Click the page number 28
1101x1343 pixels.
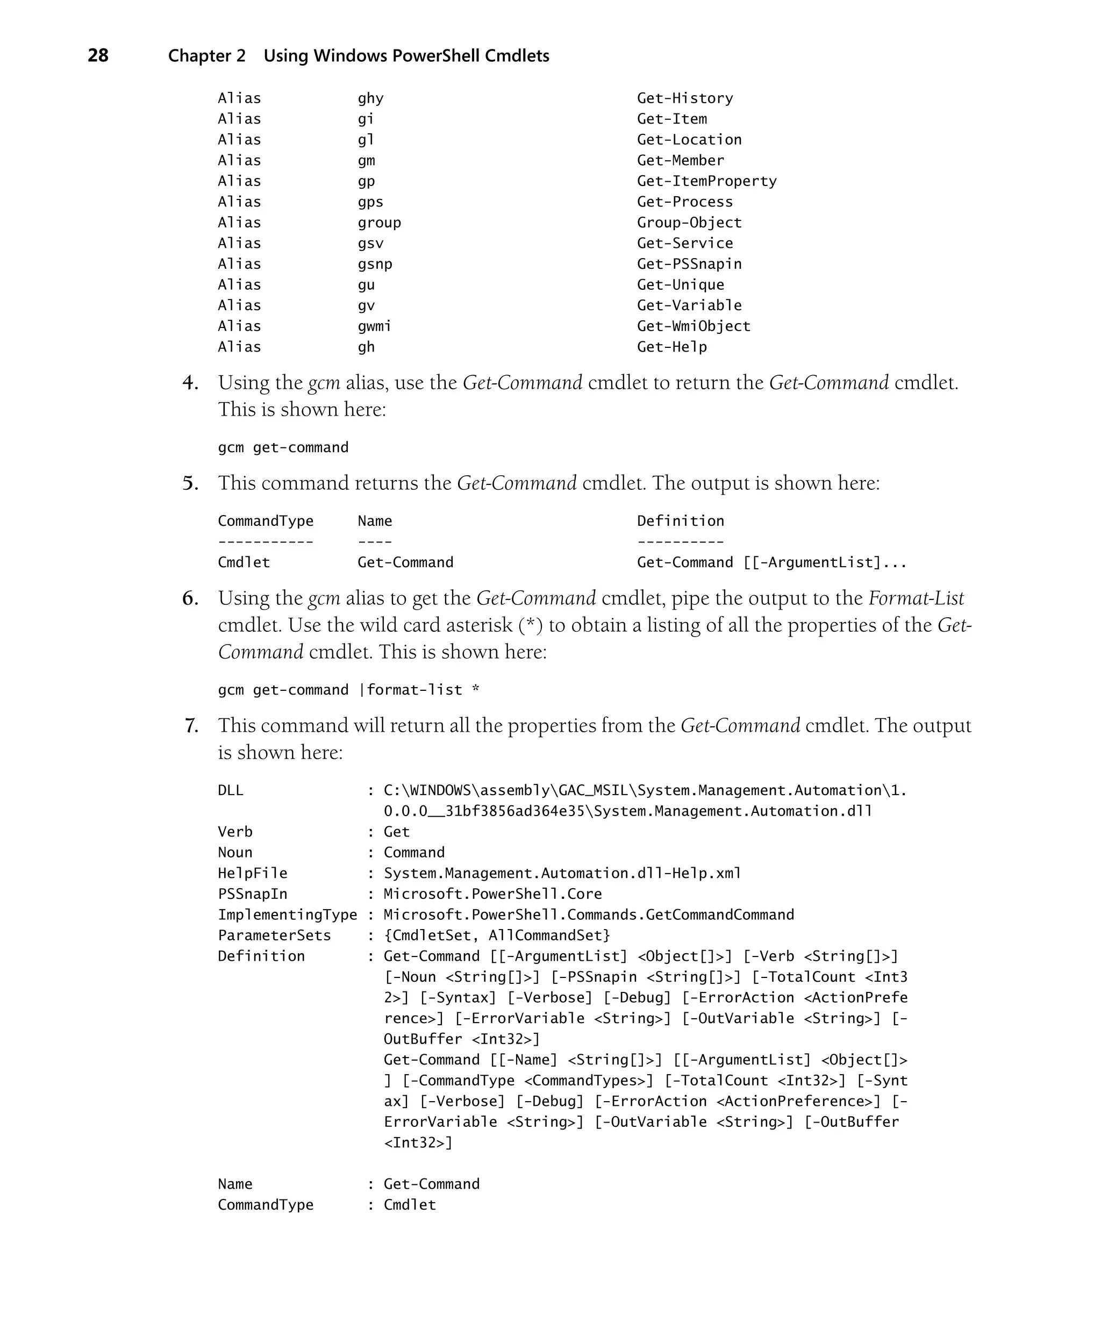click(98, 56)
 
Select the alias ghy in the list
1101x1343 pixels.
click(370, 98)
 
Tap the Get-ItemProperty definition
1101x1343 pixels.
click(706, 181)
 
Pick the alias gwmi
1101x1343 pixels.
click(374, 326)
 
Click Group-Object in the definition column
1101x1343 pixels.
click(689, 223)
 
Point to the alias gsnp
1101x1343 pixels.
click(375, 264)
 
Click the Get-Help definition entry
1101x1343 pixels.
click(671, 347)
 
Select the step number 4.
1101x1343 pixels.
click(190, 383)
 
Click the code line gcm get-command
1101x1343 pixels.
click(283, 448)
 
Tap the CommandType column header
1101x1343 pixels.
click(266, 521)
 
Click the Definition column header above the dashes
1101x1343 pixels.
click(680, 521)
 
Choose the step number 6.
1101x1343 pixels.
click(190, 598)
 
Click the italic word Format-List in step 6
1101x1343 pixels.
click(916, 598)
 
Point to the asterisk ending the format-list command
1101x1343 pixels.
click(476, 689)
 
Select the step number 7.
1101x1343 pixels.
click(191, 726)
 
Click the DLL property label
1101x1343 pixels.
click(230, 791)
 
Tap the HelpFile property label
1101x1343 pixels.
click(253, 873)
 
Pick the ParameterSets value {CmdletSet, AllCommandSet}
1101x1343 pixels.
click(497, 935)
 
